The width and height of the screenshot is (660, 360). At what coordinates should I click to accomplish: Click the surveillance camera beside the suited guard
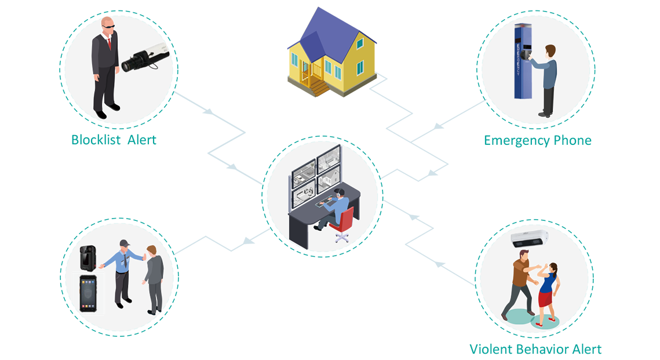pyautogui.click(x=143, y=59)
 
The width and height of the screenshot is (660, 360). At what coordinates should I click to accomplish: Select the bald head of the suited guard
pyautogui.click(x=108, y=24)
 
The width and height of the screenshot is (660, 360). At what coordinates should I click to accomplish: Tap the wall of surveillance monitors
pyautogui.click(x=316, y=174)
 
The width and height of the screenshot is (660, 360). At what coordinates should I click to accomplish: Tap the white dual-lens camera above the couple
pyautogui.click(x=528, y=239)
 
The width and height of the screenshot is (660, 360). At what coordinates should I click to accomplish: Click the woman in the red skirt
pyautogui.click(x=546, y=292)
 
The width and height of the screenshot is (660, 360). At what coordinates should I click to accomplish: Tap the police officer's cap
pyautogui.click(x=124, y=242)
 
